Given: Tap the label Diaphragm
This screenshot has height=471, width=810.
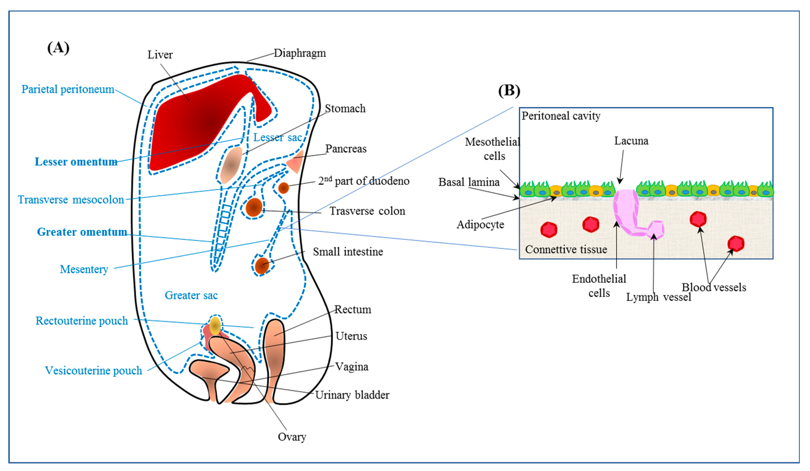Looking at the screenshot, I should tap(300, 53).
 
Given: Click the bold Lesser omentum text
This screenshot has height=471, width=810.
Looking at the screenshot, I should tap(76, 162).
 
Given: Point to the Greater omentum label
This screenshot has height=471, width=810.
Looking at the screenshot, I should tap(82, 232).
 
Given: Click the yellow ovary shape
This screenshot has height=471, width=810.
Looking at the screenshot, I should tap(215, 326).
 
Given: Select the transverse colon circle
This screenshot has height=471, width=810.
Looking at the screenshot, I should tap(254, 207).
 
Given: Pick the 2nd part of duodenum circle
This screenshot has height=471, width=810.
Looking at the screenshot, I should tap(283, 188).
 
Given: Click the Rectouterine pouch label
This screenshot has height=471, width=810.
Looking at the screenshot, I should tap(82, 321).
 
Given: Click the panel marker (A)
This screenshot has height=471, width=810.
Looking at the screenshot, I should tap(58, 48).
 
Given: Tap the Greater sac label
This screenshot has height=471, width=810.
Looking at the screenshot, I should tap(191, 295).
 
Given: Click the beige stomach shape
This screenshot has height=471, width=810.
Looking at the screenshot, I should tap(231, 165).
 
